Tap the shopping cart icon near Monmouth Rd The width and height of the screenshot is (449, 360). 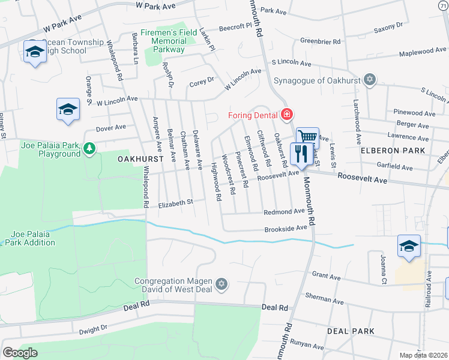tap(307, 137)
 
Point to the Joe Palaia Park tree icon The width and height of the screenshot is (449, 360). tap(89, 147)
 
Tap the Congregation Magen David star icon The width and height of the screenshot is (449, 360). tap(221, 284)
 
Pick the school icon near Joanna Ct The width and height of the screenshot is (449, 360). tap(409, 246)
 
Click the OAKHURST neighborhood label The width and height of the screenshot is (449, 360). tap(124, 159)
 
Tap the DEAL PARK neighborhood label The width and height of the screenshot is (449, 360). tap(351, 331)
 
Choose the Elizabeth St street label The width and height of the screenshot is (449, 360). tap(175, 204)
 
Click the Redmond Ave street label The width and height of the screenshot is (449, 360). tap(285, 212)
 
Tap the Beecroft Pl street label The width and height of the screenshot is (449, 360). tap(235, 27)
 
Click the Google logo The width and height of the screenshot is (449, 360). tap(20, 352)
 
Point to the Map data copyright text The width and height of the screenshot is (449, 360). tap(423, 355)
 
